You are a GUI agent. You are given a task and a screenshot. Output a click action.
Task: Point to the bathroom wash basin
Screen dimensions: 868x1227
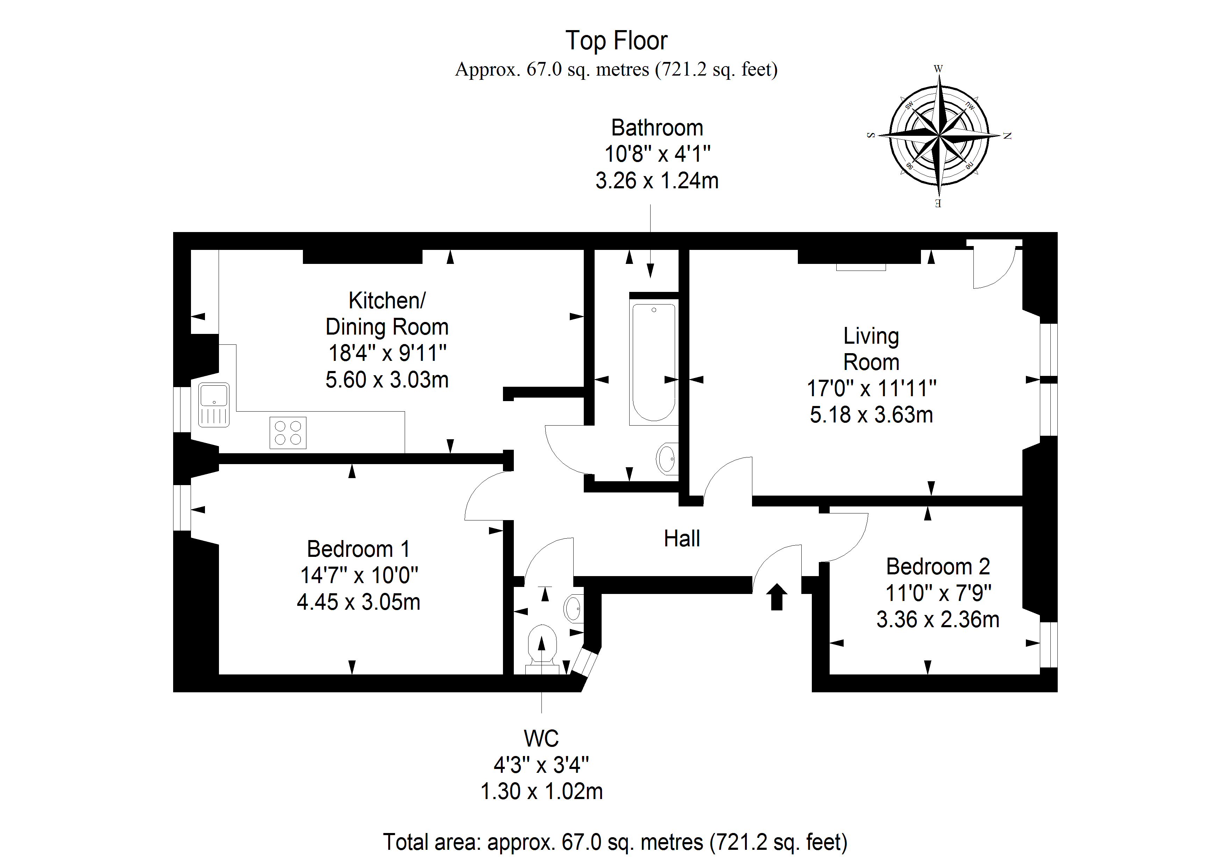tap(666, 458)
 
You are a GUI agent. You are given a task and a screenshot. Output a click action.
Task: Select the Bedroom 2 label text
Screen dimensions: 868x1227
tap(938, 566)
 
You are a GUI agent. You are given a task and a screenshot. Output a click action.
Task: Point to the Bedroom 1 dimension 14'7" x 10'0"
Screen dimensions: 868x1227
tap(359, 575)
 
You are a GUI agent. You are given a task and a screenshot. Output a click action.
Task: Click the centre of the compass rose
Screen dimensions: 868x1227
tap(939, 136)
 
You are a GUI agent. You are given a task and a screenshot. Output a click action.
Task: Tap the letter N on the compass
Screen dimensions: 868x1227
tap(1007, 136)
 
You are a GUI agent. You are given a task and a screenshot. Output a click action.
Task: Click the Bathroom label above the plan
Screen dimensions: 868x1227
tap(657, 128)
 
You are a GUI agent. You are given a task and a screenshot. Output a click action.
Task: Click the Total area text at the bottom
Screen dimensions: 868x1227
tap(615, 841)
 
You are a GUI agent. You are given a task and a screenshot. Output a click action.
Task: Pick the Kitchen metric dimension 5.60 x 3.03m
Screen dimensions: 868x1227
tap(387, 380)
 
